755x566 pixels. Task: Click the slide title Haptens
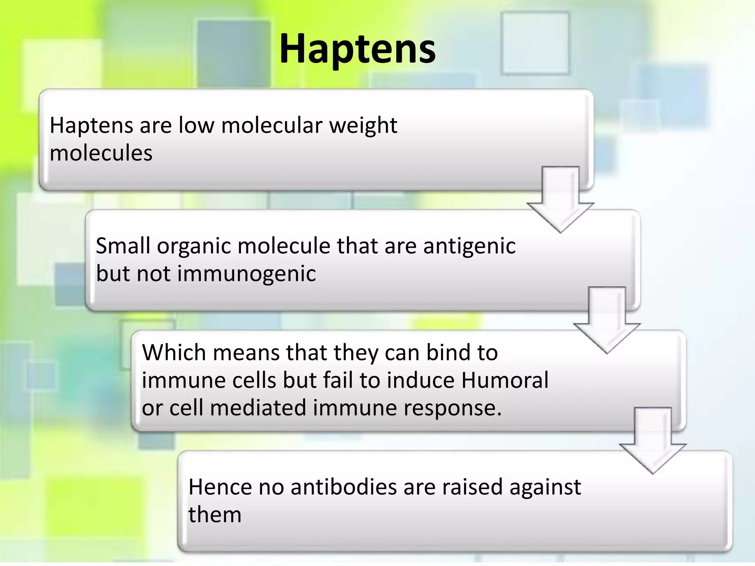(357, 49)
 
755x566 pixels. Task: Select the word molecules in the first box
(101, 153)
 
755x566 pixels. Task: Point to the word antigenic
(469, 246)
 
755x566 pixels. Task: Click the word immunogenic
(246, 274)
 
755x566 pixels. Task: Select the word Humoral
(505, 380)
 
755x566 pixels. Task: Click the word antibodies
(344, 487)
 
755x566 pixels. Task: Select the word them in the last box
(215, 514)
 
